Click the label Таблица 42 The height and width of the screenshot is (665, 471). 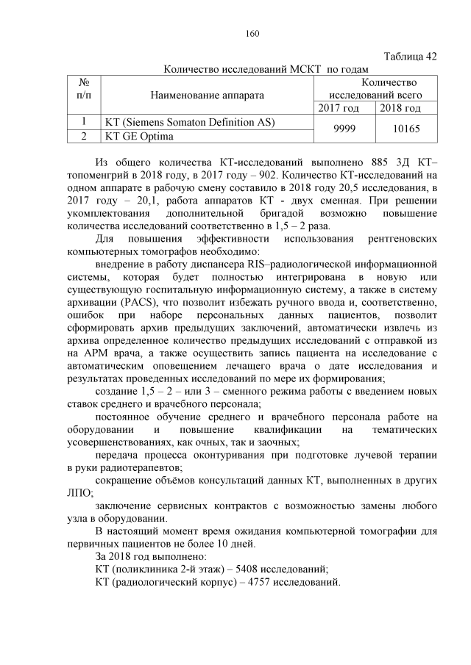411,57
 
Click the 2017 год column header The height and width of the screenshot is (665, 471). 339,109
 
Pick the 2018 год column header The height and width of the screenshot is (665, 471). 400,109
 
